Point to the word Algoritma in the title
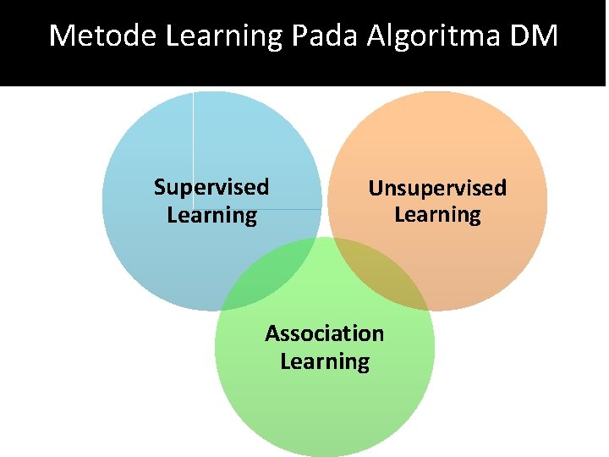pos(436,37)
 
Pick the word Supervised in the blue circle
pos(211,187)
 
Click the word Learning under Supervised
pos(211,215)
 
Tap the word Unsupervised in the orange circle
pos(437,188)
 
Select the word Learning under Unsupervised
pos(437,215)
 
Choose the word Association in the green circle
pos(324,333)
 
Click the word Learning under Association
pos(325,361)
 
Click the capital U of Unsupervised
pos(375,188)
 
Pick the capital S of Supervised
pos(160,187)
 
